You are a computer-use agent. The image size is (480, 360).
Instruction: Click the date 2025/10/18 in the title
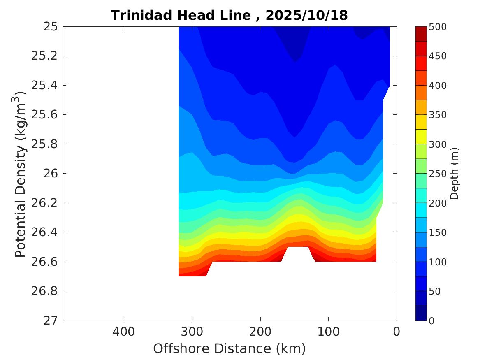click(x=307, y=15)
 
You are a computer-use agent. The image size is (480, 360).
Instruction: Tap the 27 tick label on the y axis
click(x=50, y=321)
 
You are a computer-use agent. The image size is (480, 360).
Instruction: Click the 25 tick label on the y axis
click(x=50, y=27)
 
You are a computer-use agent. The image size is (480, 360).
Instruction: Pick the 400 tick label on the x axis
click(x=124, y=331)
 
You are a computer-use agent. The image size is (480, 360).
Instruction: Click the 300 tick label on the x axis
click(x=192, y=331)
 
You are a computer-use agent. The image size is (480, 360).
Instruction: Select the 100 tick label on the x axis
click(x=328, y=331)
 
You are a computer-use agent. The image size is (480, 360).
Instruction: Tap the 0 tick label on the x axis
click(x=397, y=331)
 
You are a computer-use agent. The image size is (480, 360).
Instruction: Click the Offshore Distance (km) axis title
click(x=230, y=349)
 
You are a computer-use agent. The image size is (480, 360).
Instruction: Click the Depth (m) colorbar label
click(x=454, y=173)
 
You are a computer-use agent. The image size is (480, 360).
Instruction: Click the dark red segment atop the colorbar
click(x=421, y=33)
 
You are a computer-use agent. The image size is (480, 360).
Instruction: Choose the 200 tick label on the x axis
click(x=260, y=331)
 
